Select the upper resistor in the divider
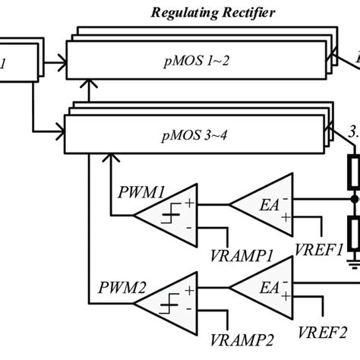pos(353,174)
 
